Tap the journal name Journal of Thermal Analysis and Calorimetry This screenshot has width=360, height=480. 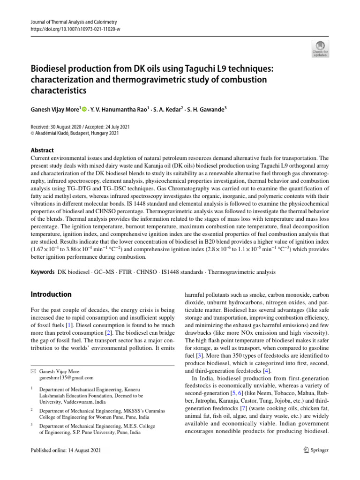pos(73,22)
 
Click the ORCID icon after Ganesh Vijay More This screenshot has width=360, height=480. pos(84,110)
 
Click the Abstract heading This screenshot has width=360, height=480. pos(42,150)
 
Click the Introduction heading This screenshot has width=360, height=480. pos(51,294)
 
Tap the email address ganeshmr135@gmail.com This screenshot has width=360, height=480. pos(67,377)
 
